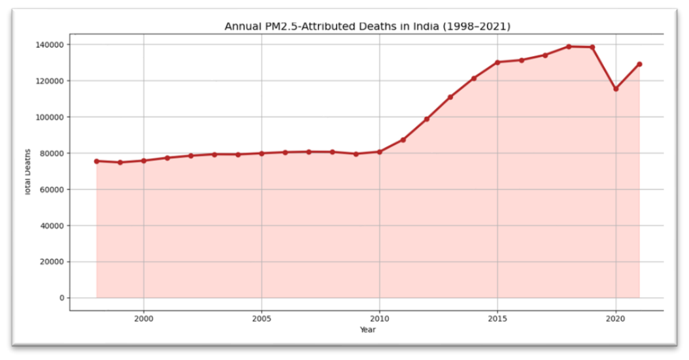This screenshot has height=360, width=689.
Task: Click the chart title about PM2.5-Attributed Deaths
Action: point(367,26)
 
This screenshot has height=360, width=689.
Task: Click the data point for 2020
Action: point(616,89)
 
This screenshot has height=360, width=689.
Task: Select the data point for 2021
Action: point(639,64)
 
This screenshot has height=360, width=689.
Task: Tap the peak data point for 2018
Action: point(569,46)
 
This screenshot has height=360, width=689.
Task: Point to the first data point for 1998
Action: point(96,161)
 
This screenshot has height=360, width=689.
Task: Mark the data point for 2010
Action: point(380,152)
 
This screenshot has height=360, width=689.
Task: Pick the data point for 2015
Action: point(497,62)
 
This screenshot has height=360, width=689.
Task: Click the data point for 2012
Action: point(427,119)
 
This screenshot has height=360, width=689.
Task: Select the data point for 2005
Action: point(261,154)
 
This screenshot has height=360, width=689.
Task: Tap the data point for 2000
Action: point(144,161)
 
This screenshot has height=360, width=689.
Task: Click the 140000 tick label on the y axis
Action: point(49,45)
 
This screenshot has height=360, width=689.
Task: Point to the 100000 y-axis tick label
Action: point(49,117)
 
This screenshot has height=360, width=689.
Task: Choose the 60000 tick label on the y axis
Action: point(52,189)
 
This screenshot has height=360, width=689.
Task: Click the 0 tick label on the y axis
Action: point(62,298)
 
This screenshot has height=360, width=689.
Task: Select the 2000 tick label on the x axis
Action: point(144,319)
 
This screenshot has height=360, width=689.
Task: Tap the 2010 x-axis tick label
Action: point(380,319)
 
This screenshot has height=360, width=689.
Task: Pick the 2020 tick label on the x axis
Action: point(616,319)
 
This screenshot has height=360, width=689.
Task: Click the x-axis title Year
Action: point(368,330)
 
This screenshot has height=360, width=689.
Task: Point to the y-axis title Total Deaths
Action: point(27,172)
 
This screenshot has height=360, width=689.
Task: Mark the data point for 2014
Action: point(474,78)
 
